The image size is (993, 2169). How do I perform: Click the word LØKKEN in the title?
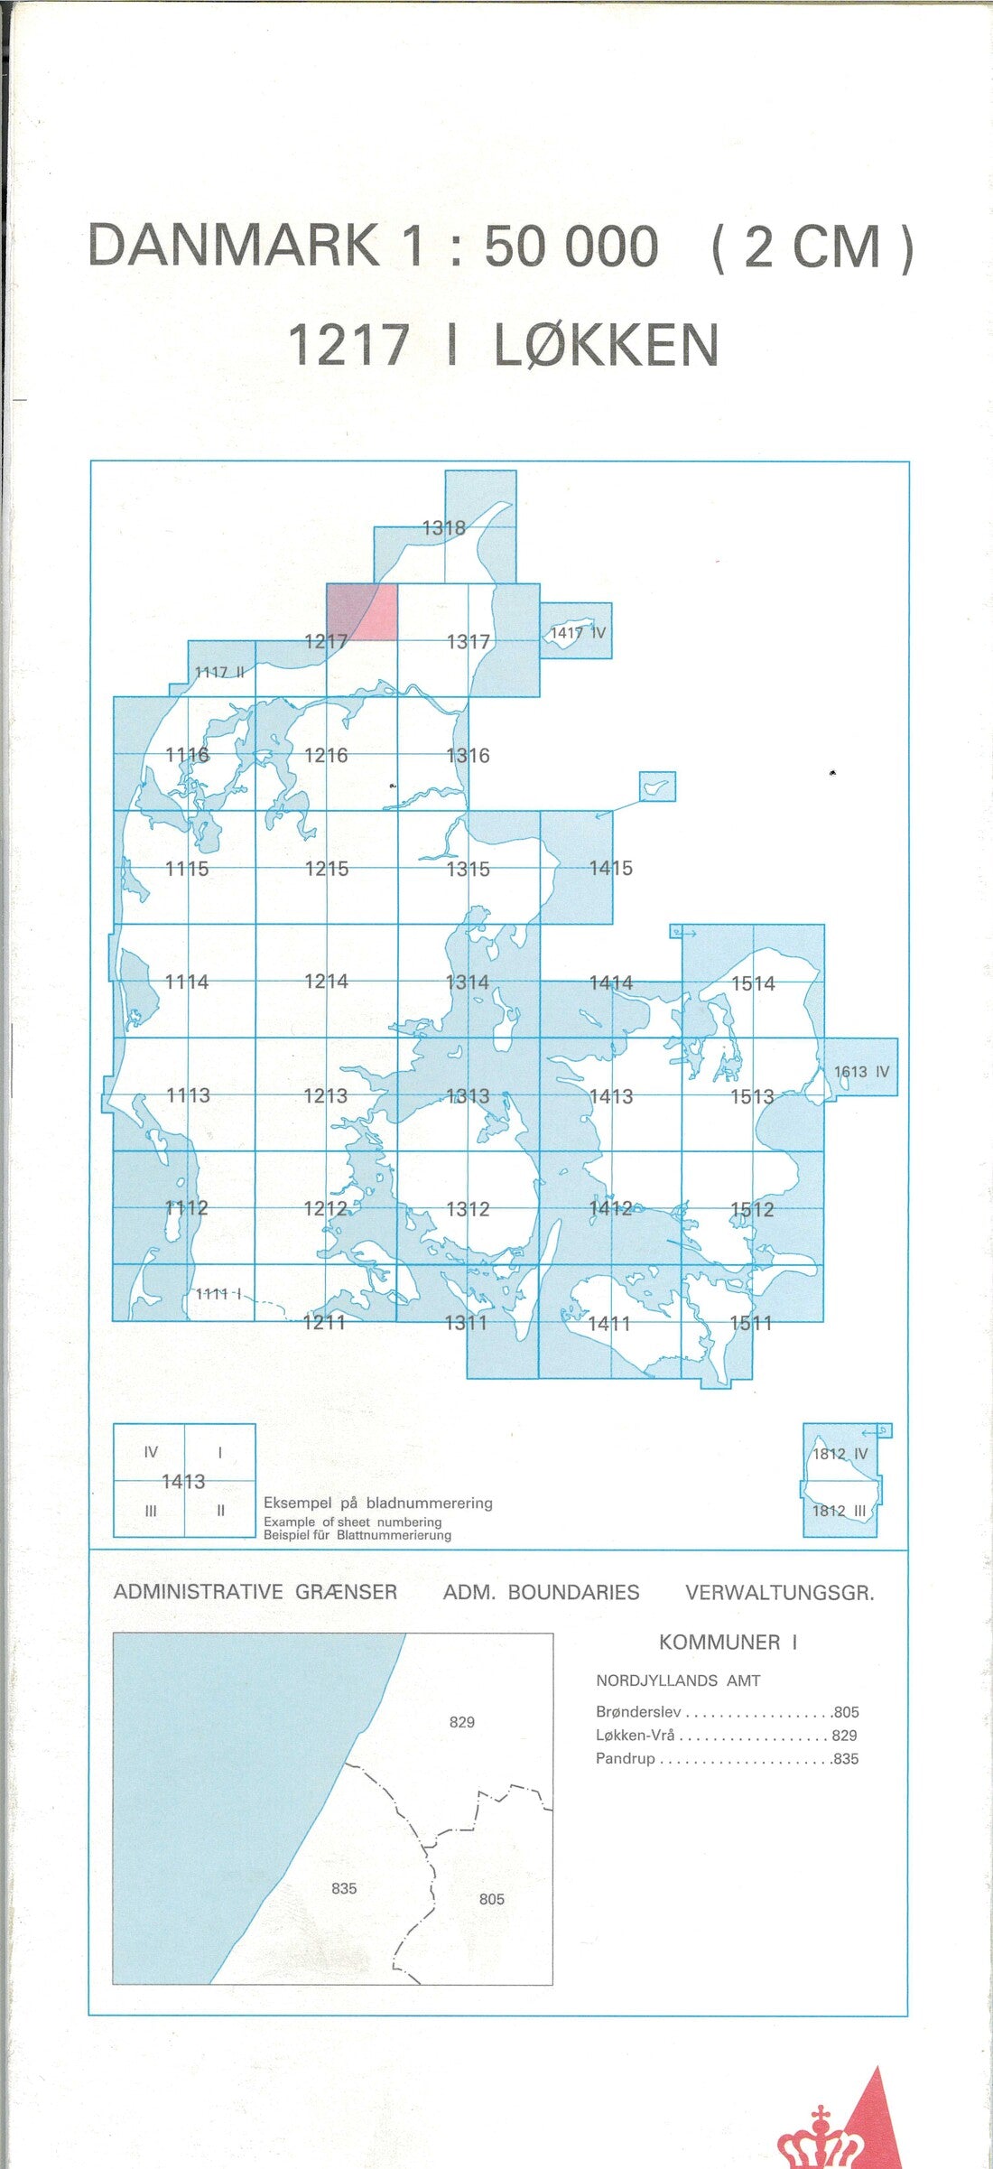tap(606, 346)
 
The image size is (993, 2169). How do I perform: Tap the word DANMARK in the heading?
tap(234, 247)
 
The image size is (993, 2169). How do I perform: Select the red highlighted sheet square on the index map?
tap(362, 611)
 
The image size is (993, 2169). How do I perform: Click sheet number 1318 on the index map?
tap(444, 528)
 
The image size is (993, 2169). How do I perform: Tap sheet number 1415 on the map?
tap(611, 868)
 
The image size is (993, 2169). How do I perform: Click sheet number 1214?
tap(326, 981)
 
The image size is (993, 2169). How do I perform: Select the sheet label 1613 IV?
tap(861, 1072)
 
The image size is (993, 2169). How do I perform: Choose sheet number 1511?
tap(751, 1323)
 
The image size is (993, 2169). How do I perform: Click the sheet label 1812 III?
tap(839, 1510)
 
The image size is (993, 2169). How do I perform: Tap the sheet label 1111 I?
tap(218, 1294)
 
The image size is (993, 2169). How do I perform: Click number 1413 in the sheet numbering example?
tap(183, 1481)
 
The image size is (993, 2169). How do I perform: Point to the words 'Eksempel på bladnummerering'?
tap(378, 1503)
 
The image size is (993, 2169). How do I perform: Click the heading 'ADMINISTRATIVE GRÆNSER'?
tap(255, 1592)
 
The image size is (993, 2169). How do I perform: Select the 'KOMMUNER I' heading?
tap(728, 1642)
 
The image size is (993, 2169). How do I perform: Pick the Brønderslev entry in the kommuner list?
tap(638, 1712)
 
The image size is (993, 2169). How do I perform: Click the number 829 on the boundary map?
tap(462, 1722)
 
